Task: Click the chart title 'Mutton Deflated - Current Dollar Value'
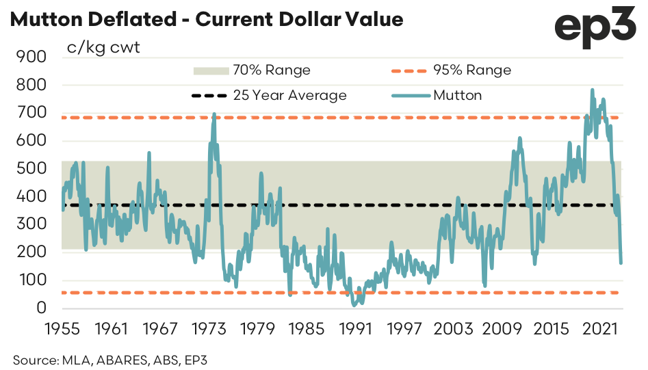pyautogui.click(x=206, y=20)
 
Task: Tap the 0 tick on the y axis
pyautogui.click(x=40, y=308)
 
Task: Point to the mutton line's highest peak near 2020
pyautogui.click(x=592, y=90)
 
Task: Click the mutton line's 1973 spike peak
pyautogui.click(x=215, y=114)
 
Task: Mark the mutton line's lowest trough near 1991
pyautogui.click(x=354, y=304)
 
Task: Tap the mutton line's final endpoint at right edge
pyautogui.click(x=621, y=262)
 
